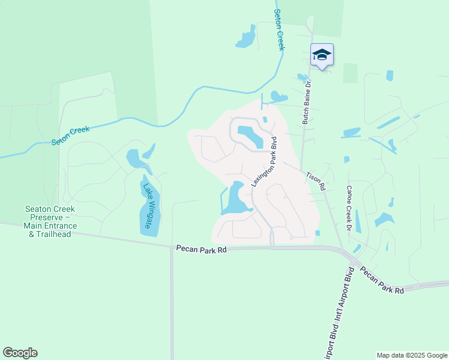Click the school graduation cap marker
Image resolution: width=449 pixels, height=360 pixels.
click(322, 55)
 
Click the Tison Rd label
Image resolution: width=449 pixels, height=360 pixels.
click(315, 181)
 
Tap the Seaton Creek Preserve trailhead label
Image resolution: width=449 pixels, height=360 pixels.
click(50, 221)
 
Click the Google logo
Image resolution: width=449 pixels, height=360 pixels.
click(20, 353)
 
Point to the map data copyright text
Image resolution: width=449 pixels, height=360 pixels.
click(412, 355)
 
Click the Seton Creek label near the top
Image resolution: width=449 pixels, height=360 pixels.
click(279, 30)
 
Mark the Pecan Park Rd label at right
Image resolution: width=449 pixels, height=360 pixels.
click(382, 280)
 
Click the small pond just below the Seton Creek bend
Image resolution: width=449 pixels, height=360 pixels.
click(277, 96)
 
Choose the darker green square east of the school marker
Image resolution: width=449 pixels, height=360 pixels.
click(350, 73)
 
